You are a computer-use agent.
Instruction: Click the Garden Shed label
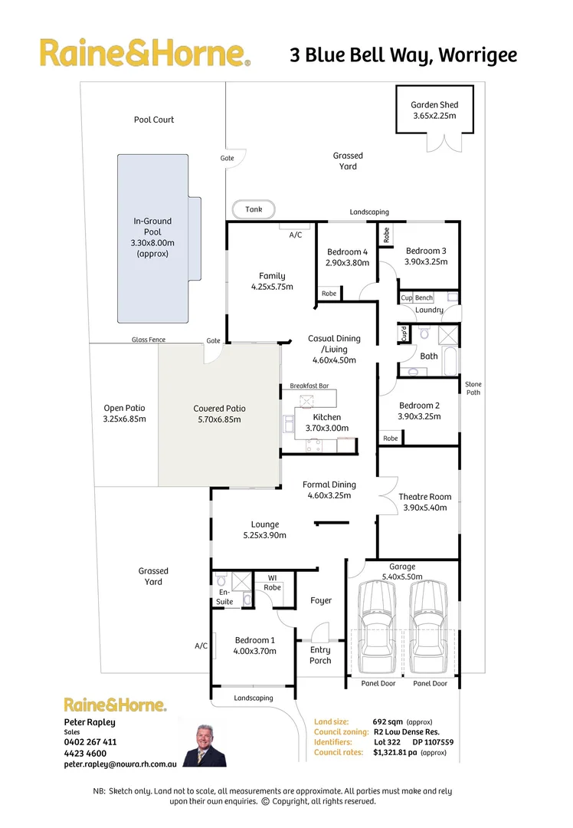pyautogui.click(x=434, y=105)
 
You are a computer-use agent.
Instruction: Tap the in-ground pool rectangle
pyautogui.click(x=152, y=238)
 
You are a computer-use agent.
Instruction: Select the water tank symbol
pyautogui.click(x=254, y=209)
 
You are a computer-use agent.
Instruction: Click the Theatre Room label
pyautogui.click(x=424, y=497)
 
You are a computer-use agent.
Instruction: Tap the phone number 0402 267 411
pyautogui.click(x=90, y=742)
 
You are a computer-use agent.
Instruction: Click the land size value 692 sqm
pyautogui.click(x=388, y=721)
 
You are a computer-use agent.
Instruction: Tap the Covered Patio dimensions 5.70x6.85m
pyautogui.click(x=219, y=419)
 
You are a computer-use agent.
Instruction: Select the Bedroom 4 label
pyautogui.click(x=347, y=252)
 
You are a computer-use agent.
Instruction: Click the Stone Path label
pyautogui.click(x=473, y=388)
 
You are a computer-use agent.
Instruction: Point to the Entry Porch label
pyautogui.click(x=320, y=655)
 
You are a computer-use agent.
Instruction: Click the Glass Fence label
pyautogui.click(x=148, y=340)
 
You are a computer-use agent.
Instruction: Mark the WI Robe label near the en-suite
pyautogui.click(x=272, y=583)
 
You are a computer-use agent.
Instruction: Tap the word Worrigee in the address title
pyautogui.click(x=479, y=55)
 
